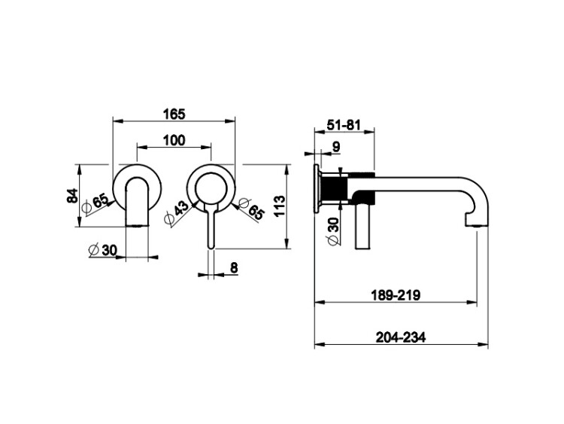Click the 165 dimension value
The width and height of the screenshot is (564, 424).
[174, 114]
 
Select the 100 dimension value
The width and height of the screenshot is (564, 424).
[174, 140]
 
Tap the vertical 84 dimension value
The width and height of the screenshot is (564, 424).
[73, 196]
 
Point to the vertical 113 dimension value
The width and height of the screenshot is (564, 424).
[280, 206]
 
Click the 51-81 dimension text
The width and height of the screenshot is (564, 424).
[344, 125]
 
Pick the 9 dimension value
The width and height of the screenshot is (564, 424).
[336, 147]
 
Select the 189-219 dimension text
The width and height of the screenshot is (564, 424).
[396, 295]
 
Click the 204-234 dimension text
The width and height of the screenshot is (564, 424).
[401, 337]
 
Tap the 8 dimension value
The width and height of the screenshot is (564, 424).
[234, 268]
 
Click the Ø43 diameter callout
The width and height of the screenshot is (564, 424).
[176, 213]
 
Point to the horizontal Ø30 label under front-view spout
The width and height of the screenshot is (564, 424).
[103, 249]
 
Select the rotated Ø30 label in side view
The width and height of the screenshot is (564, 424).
[332, 231]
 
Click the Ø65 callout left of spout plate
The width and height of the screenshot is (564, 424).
[96, 204]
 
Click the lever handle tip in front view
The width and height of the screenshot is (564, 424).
[211, 246]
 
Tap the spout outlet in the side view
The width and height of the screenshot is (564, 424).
[477, 225]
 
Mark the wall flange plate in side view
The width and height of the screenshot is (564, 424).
[317, 189]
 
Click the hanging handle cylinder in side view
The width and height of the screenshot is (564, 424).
[362, 226]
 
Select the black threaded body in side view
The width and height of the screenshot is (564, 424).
[333, 189]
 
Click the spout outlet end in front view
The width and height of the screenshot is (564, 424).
[137, 225]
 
